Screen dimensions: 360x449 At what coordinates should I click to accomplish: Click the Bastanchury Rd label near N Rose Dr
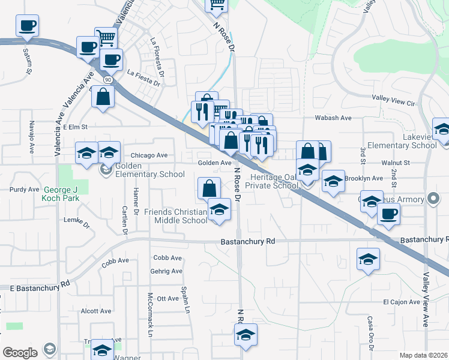tap(247, 241)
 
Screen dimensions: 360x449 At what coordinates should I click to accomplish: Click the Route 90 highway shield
tap(107, 79)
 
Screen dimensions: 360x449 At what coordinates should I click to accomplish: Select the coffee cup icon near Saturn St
tap(27, 26)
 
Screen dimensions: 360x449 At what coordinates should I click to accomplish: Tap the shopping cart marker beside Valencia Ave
tap(106, 38)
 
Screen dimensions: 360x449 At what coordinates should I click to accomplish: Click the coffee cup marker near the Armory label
tap(388, 214)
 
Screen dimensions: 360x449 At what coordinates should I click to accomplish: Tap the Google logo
tap(20, 352)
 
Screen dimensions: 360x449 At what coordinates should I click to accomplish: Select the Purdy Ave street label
tap(25, 189)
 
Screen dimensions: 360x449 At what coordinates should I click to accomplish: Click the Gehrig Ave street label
tap(167, 271)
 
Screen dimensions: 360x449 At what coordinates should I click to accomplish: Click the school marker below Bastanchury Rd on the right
tap(368, 259)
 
